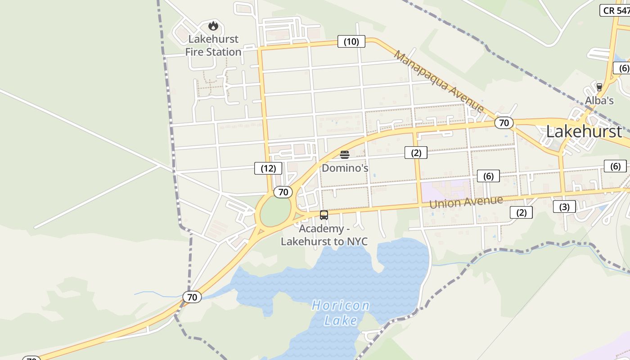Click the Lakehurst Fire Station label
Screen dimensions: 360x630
click(213, 45)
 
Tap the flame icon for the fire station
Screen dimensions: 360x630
click(213, 26)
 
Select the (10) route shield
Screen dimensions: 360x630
click(351, 42)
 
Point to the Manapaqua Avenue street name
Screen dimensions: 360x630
click(439, 81)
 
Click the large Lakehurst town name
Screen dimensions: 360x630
click(584, 131)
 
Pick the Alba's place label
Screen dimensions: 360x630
click(599, 100)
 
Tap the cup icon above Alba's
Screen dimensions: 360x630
click(599, 87)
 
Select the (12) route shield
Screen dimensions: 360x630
click(268, 168)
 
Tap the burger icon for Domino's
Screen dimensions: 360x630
click(345, 155)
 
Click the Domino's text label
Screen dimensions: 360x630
click(345, 168)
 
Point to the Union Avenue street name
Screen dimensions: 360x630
click(466, 202)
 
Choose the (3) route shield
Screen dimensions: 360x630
click(564, 207)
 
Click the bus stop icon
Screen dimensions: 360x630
click(324, 215)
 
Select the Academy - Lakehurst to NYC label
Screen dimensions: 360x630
click(324, 235)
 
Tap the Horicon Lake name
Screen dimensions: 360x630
click(341, 313)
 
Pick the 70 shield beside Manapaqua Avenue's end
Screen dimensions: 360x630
click(504, 122)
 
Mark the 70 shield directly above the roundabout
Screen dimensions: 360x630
click(283, 192)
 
